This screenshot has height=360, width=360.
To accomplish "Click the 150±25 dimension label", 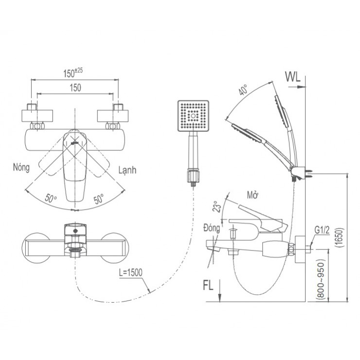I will pos(73,73).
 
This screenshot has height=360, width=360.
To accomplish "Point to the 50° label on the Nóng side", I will pos(51,198).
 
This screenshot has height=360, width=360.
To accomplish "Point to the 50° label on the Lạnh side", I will pos(98,198).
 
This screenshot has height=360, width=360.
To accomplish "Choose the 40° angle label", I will pos(243,90).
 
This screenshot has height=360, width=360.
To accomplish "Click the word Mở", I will pos(252,195).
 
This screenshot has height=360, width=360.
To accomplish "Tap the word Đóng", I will pos(213,228).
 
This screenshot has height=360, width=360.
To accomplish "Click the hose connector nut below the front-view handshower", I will pos(193,175).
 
